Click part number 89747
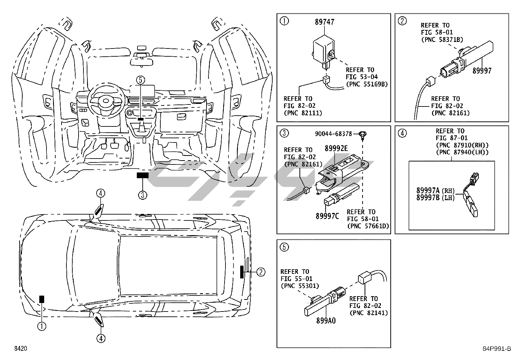[324, 22]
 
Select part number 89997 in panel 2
[482, 70]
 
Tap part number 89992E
[336, 148]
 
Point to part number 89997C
[327, 216]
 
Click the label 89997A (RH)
[435, 190]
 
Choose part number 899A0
[326, 321]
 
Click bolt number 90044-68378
[333, 134]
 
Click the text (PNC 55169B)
[367, 84]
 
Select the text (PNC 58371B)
[442, 40]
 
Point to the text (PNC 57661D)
[368, 226]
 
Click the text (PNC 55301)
[300, 286]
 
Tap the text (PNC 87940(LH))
[462, 152]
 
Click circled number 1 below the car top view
[42, 326]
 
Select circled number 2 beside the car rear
[261, 272]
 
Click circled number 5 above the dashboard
[140, 80]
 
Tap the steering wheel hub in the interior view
[106, 101]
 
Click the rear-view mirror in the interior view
[141, 62]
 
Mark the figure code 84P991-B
[497, 349]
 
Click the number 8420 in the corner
[21, 348]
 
